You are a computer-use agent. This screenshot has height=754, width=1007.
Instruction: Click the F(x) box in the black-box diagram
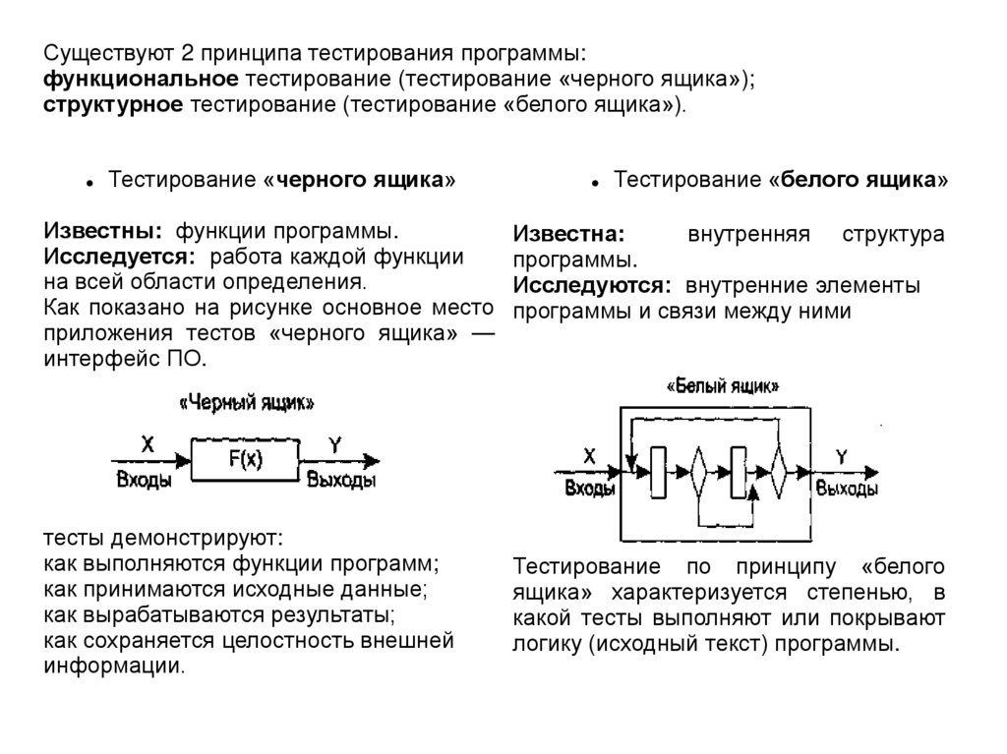245,458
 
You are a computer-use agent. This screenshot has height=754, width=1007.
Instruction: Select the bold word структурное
113,104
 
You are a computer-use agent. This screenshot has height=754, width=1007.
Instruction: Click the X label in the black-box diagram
147,444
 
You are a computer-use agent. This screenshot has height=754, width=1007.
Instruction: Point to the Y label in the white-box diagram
841,455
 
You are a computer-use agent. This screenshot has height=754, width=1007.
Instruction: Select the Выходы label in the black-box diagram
341,481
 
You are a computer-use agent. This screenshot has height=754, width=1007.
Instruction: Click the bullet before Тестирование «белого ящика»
595,183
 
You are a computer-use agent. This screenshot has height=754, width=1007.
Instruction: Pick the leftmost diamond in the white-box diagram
698,475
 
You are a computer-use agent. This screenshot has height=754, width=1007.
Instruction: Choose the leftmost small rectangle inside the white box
659,473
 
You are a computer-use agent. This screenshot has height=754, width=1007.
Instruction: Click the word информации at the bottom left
113,666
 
